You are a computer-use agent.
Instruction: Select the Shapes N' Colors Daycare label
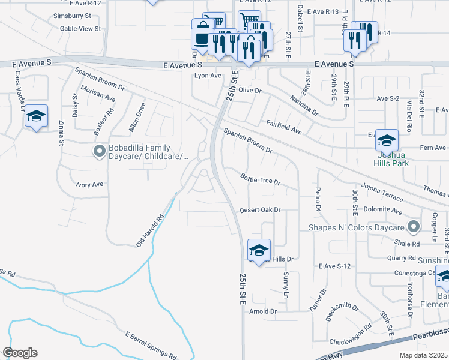pyautogui.click(x=356, y=227)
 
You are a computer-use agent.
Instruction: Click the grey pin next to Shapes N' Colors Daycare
pyautogui.click(x=412, y=227)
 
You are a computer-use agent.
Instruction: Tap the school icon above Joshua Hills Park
pyautogui.click(x=387, y=140)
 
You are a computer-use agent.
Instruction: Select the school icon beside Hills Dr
pyautogui.click(x=259, y=250)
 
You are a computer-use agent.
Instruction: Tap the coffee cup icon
pyautogui.click(x=201, y=38)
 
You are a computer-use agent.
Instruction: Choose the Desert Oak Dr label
pyautogui.click(x=261, y=210)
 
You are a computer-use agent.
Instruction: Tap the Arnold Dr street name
pyautogui.click(x=263, y=311)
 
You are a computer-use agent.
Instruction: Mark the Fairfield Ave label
pyautogui.click(x=283, y=126)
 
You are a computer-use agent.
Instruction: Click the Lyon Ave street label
pyautogui.click(x=208, y=76)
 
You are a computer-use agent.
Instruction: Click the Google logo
pyautogui.click(x=19, y=353)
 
